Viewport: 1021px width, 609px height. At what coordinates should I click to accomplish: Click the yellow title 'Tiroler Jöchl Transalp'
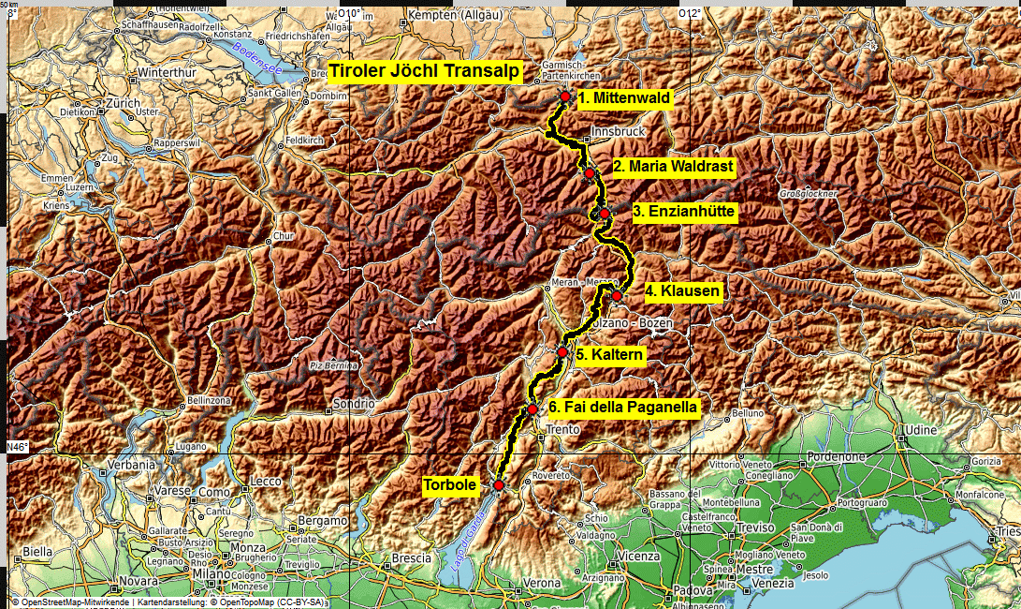pyautogui.click(x=423, y=72)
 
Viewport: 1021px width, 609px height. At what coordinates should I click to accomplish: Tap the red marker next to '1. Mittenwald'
pyautogui.click(x=565, y=97)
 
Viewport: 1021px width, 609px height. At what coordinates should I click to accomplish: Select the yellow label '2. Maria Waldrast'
pyautogui.click(x=674, y=167)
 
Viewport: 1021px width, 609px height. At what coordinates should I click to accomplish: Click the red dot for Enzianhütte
pyautogui.click(x=605, y=214)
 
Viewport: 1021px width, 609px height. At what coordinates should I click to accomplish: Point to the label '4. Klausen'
pyautogui.click(x=683, y=291)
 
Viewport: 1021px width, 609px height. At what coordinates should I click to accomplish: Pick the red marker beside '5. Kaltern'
pyautogui.click(x=562, y=352)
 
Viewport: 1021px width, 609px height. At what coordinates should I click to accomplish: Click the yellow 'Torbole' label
pyautogui.click(x=450, y=484)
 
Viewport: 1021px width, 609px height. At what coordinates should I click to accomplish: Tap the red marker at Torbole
pyautogui.click(x=499, y=485)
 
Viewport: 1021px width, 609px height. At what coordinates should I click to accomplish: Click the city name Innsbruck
pyautogui.click(x=619, y=132)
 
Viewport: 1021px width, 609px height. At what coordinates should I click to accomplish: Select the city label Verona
pyautogui.click(x=541, y=583)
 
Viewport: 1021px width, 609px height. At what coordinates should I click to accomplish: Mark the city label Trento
pyautogui.click(x=564, y=429)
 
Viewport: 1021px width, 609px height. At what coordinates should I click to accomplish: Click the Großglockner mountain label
pyautogui.click(x=808, y=194)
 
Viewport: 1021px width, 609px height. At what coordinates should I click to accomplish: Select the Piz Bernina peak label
pyautogui.click(x=335, y=365)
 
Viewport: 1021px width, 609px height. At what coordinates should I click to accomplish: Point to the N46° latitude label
pyautogui.click(x=17, y=446)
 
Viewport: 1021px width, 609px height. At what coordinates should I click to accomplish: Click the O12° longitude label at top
pyautogui.click(x=689, y=13)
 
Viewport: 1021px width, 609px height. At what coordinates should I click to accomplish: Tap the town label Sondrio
pyautogui.click(x=354, y=408)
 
